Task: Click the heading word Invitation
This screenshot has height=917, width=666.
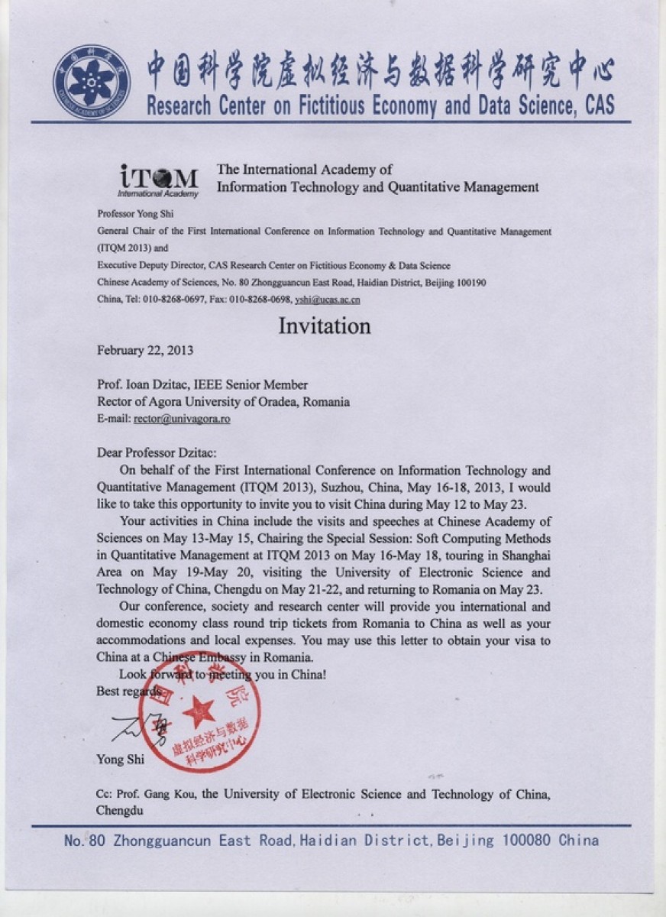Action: coord(324,326)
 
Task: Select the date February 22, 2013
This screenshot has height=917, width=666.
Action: coord(145,351)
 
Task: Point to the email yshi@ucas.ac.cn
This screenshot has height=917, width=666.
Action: coord(327,300)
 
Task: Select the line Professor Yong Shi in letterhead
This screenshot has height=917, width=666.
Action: coord(135,213)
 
